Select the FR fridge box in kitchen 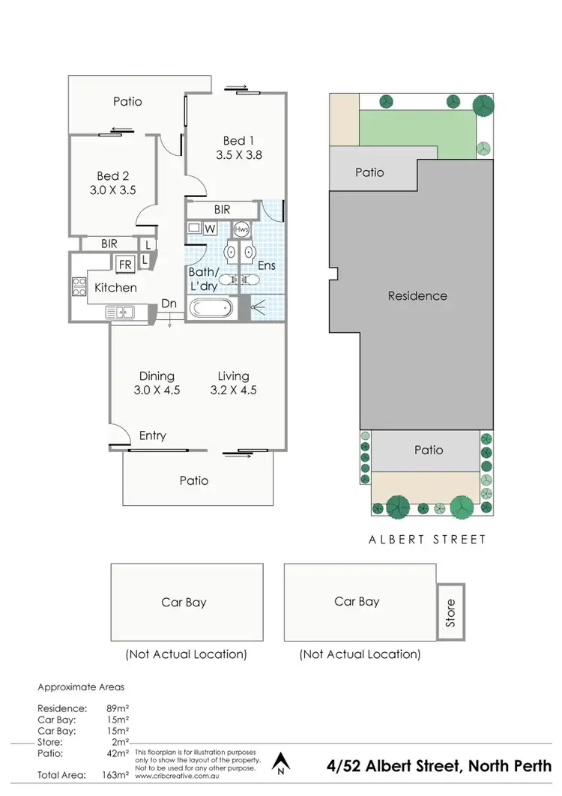tap(124, 264)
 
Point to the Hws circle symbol tap(242, 229)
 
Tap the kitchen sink tap(120, 310)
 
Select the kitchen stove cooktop tap(79, 287)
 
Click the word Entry tap(153, 435)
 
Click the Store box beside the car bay tap(450, 612)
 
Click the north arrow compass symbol tap(281, 762)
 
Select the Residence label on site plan tap(417, 295)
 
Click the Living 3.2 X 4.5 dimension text tap(234, 390)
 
